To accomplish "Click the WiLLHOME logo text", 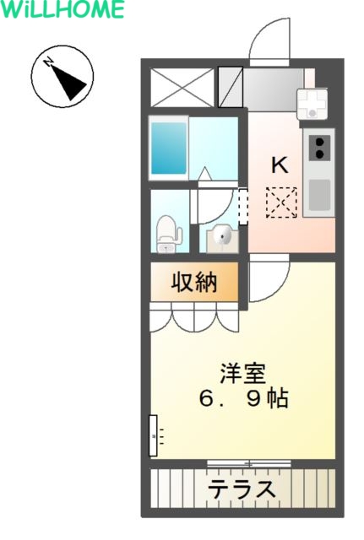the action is (x=62, y=9).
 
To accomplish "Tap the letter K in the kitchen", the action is (x=280, y=165).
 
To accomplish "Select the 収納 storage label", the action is (x=194, y=283).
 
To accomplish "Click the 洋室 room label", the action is (x=243, y=373).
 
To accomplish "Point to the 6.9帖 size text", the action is (x=243, y=399).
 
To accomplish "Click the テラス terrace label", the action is (x=242, y=489).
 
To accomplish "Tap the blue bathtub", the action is (x=169, y=148).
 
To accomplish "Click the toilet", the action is (x=169, y=235).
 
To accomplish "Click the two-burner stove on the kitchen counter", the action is (x=319, y=148).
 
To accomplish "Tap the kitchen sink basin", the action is (x=319, y=195).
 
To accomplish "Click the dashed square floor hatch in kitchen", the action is (x=281, y=202).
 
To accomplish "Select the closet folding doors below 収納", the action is (x=194, y=317).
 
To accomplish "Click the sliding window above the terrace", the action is (x=249, y=463).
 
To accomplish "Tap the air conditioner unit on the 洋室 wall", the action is (x=153, y=435).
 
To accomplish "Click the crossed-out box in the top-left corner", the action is (x=182, y=87).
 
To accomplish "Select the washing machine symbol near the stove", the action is (x=312, y=104).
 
